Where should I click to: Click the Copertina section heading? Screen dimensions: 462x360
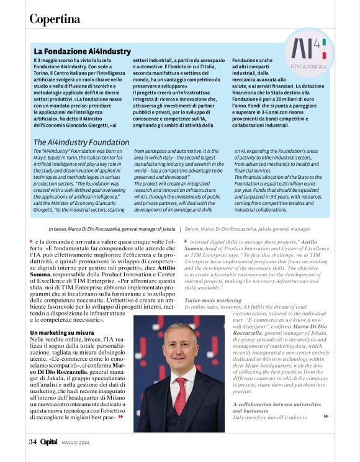tap(55, 19)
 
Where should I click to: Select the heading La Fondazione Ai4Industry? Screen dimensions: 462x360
tap(82, 51)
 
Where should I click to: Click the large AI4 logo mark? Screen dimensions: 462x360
tap(308, 49)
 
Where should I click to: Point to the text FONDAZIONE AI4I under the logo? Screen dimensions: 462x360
tap(308, 65)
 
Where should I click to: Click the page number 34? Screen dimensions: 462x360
tap(32, 442)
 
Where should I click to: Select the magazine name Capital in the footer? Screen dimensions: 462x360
tap(48, 442)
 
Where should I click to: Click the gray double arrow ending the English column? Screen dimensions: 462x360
tap(326, 417)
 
